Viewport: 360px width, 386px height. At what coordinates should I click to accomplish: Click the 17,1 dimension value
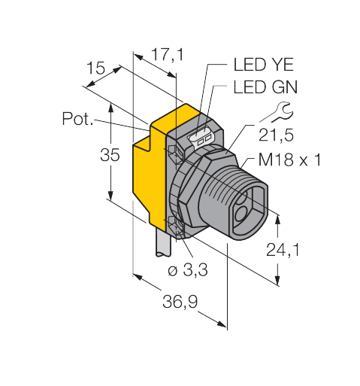coord(168,55)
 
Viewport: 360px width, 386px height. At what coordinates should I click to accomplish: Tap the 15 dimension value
coord(95,68)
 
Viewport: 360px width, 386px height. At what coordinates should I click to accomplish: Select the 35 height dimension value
coord(110,154)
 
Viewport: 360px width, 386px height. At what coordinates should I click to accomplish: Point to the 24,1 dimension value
coord(283,250)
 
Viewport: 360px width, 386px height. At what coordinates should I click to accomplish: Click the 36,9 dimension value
coord(180,301)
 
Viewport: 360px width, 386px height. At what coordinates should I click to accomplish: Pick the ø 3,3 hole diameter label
coord(188,270)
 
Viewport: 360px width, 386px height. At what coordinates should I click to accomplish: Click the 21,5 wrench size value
coord(276,135)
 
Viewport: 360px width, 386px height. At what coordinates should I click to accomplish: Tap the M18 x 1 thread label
coord(289,160)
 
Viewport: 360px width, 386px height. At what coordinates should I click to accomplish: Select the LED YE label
coord(263,65)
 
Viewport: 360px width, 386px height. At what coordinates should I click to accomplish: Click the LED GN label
coord(265,87)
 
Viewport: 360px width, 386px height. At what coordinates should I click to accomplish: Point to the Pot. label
coord(77,119)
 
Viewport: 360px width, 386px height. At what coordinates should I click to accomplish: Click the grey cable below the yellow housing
coord(164,242)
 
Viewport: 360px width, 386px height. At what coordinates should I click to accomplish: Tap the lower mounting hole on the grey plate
coord(177,225)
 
